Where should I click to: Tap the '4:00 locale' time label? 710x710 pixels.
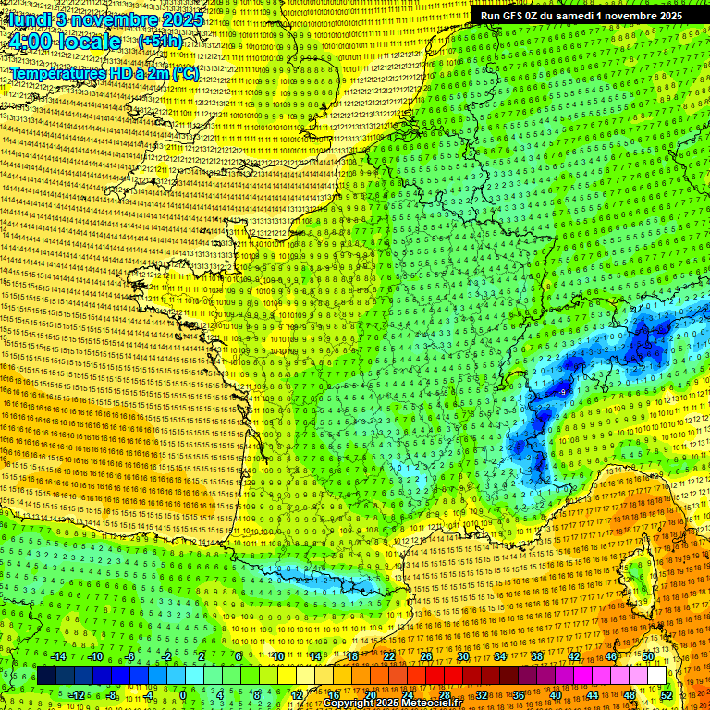(65, 42)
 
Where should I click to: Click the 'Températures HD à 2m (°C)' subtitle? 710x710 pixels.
(104, 72)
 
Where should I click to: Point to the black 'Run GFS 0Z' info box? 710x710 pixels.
(581, 15)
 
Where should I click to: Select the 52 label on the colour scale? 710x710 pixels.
(667, 694)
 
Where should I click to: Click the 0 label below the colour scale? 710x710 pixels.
(183, 694)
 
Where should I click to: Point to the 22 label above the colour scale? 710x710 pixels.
(389, 656)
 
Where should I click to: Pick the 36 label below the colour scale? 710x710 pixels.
(518, 694)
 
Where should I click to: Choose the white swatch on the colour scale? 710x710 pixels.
(656, 676)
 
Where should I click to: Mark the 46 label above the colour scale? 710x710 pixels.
(611, 656)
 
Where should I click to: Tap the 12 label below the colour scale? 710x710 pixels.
(296, 694)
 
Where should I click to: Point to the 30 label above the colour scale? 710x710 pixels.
(463, 656)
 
